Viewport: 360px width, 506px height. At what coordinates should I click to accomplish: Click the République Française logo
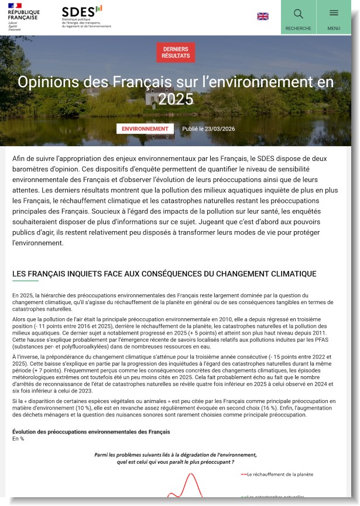pyautogui.click(x=23, y=17)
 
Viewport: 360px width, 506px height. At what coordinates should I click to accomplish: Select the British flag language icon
pyautogui.click(x=263, y=16)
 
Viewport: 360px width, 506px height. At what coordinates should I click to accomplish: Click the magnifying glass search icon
pyautogui.click(x=298, y=13)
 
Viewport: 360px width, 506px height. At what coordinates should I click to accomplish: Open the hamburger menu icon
pyautogui.click(x=334, y=13)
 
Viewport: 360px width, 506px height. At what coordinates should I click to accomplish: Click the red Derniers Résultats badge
pyautogui.click(x=176, y=52)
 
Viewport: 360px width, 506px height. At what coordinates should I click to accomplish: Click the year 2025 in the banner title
pyautogui.click(x=176, y=99)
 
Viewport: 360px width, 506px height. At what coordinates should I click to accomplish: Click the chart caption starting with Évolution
pyautogui.click(x=91, y=432)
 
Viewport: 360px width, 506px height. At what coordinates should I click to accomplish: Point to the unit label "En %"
pyautogui.click(x=18, y=439)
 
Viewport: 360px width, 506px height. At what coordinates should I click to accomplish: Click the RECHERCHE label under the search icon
pyautogui.click(x=298, y=28)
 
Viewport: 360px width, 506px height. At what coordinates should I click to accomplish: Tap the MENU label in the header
pyautogui.click(x=334, y=28)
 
